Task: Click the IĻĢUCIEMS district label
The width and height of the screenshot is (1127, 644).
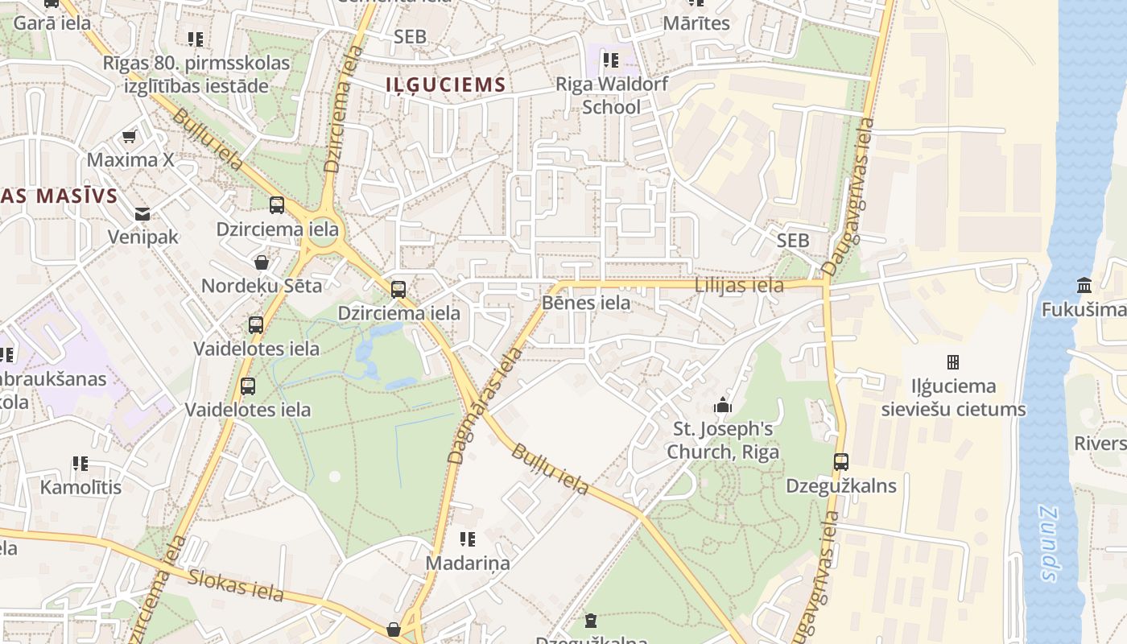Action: click(x=445, y=85)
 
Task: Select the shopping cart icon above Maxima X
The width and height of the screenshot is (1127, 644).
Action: click(x=129, y=137)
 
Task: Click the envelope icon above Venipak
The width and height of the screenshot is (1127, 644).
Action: click(x=142, y=214)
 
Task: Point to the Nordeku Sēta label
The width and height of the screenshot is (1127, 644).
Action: click(x=261, y=286)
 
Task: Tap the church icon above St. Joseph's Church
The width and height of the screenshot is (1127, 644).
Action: click(x=723, y=405)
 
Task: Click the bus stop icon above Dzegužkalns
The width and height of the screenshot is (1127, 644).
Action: click(x=841, y=462)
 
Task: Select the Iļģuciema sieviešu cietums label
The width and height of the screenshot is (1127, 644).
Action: click(x=953, y=398)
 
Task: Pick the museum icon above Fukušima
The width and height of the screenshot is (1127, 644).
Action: click(x=1084, y=286)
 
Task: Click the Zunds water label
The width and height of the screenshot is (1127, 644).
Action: click(x=1047, y=543)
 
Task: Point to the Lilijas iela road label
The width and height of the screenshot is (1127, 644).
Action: click(x=739, y=285)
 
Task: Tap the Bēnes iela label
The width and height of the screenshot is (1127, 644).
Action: click(x=586, y=303)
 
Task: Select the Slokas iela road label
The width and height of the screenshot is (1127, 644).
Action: click(x=236, y=585)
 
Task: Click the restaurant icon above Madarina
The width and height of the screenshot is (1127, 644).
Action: click(x=467, y=539)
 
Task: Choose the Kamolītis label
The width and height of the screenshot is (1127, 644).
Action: click(x=80, y=487)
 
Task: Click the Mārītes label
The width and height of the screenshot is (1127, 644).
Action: click(x=696, y=23)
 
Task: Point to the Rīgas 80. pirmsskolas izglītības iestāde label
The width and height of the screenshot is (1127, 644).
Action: click(x=196, y=73)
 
